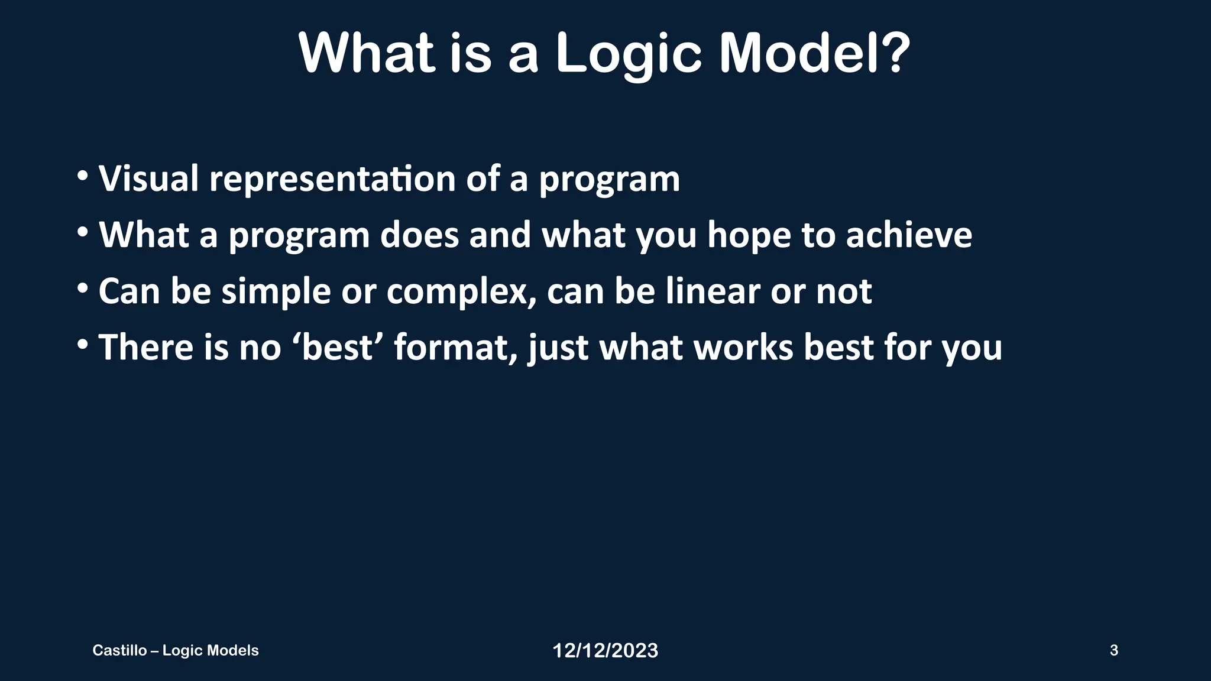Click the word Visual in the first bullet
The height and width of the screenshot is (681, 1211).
pyautogui.click(x=148, y=178)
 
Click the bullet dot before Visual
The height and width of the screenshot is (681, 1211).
pyautogui.click(x=83, y=176)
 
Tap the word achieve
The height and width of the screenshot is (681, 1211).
pyautogui.click(x=908, y=235)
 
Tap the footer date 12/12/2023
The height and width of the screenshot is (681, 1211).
pyautogui.click(x=605, y=651)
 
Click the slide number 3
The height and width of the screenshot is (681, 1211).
pyautogui.click(x=1114, y=650)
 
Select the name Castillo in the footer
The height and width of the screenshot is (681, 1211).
pyautogui.click(x=119, y=650)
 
